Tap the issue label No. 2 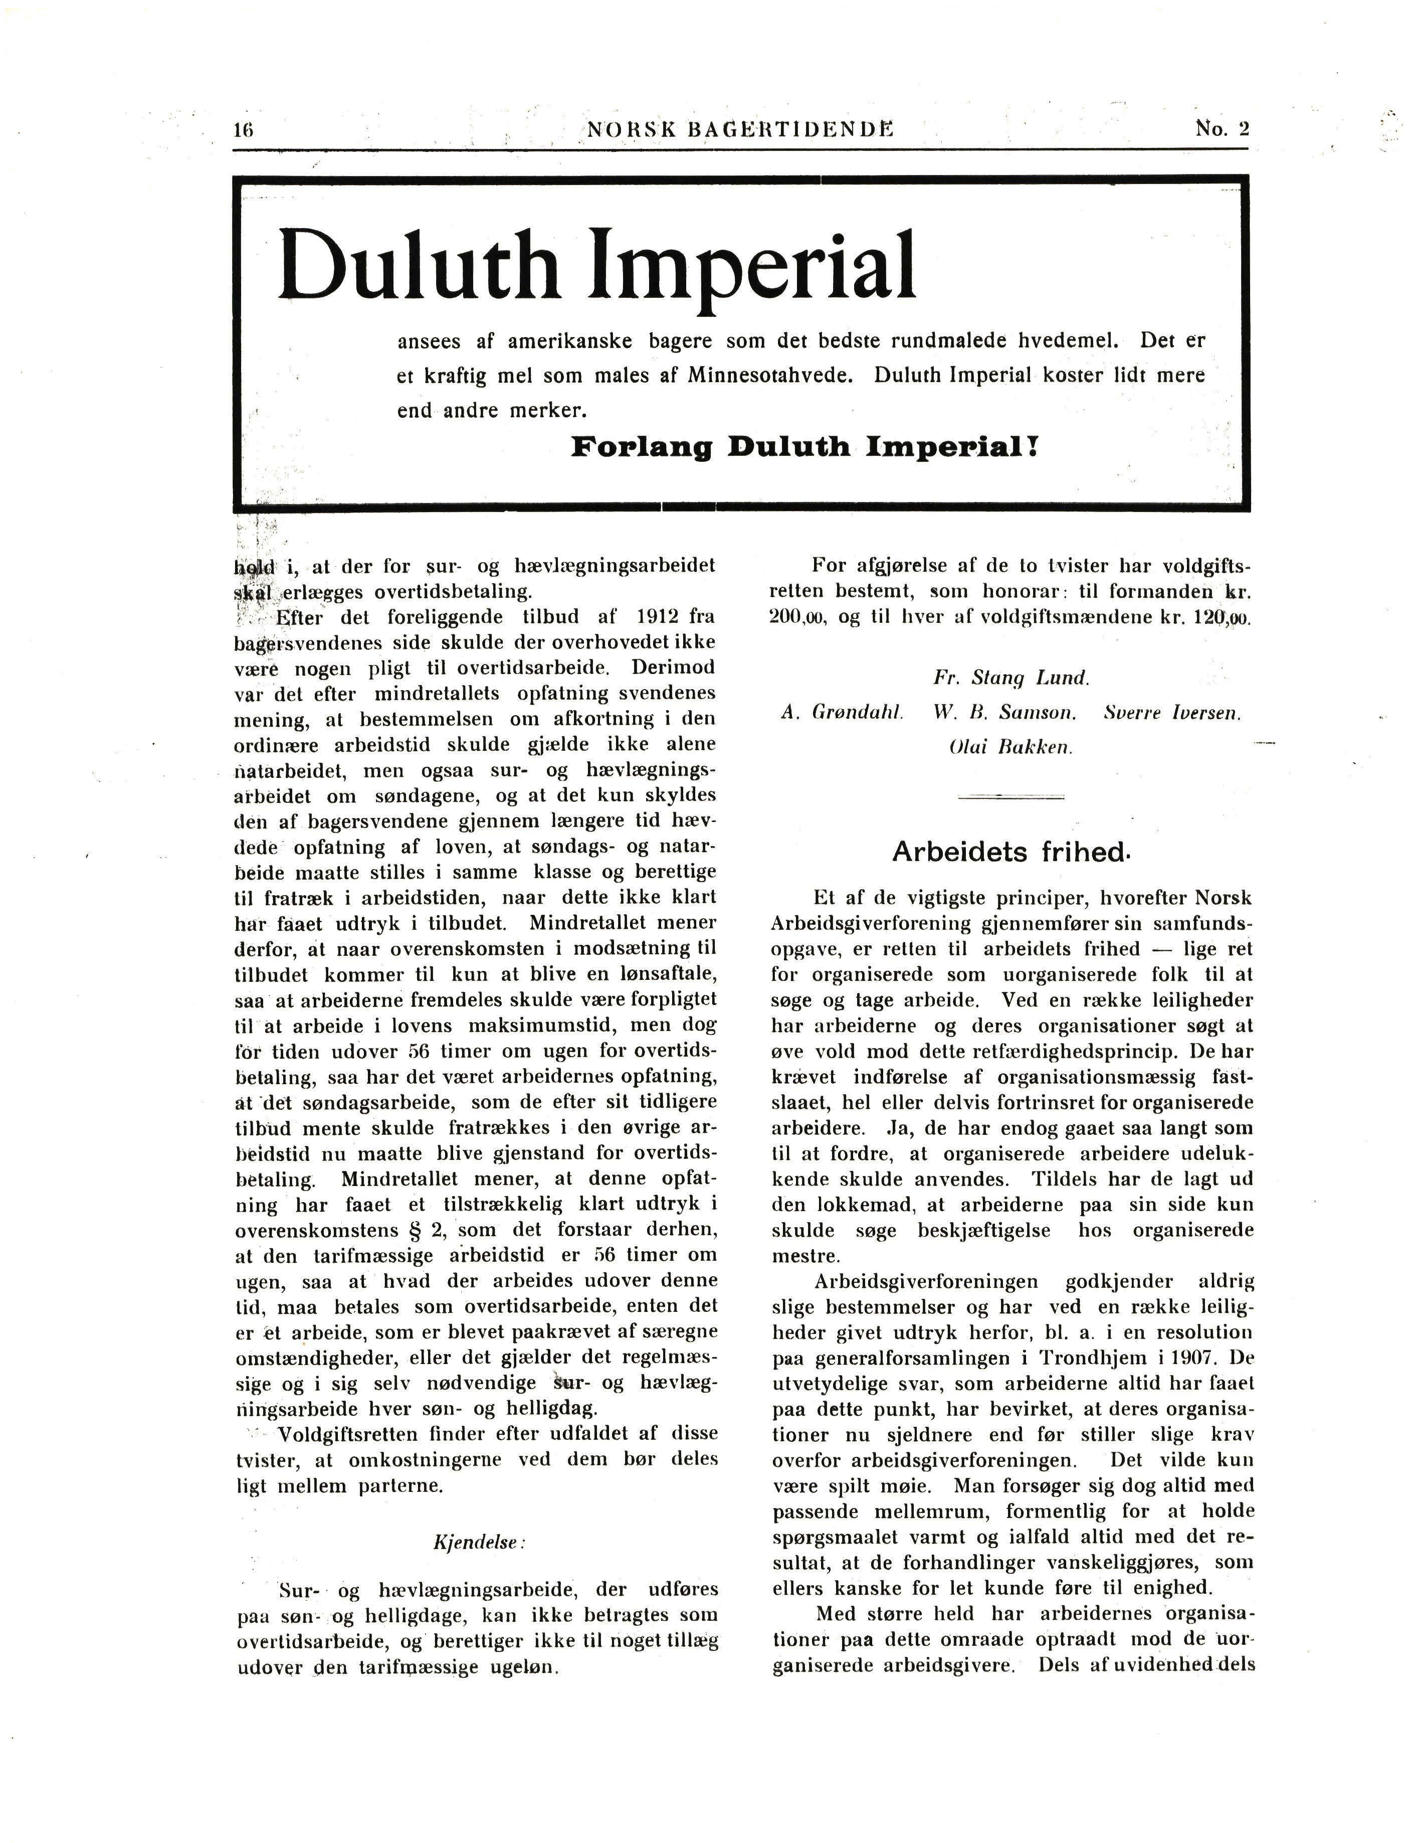click(x=1222, y=128)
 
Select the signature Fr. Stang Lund click(x=1012, y=678)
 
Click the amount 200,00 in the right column click(x=800, y=617)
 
